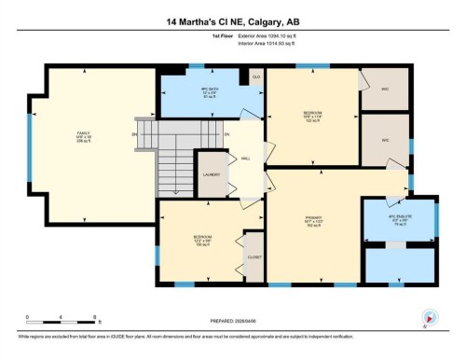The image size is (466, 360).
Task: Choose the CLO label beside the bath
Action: [x=255, y=77]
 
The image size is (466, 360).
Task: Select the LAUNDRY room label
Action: [x=212, y=174]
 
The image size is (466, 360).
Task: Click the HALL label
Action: [x=245, y=159]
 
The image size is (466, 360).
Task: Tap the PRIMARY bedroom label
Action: [x=313, y=221]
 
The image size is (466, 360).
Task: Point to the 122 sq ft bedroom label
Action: [x=313, y=117]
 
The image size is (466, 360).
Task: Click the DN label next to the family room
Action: [x=134, y=134]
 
